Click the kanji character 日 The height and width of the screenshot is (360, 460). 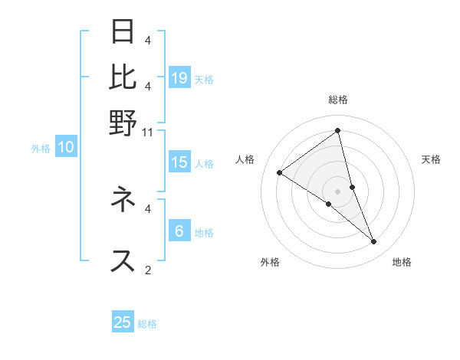click(x=123, y=31)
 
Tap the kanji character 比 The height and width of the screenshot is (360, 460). click(x=123, y=77)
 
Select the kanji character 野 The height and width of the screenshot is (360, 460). click(x=123, y=122)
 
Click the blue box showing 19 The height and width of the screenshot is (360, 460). click(x=179, y=78)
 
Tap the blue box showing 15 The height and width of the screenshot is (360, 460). click(x=179, y=162)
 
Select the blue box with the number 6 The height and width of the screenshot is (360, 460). click(x=179, y=231)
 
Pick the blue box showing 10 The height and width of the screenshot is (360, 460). click(x=66, y=148)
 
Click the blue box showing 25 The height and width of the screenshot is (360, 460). click(x=123, y=322)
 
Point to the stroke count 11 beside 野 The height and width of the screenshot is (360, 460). click(x=148, y=131)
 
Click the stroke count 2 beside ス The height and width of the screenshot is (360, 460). click(x=148, y=270)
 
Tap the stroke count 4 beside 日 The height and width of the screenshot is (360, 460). click(x=148, y=40)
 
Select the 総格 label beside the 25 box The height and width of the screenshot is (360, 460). click(x=147, y=324)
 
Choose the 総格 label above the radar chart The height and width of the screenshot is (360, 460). click(x=338, y=100)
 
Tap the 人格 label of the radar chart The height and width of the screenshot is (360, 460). click(x=245, y=159)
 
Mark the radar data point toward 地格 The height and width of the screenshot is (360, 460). click(x=374, y=242)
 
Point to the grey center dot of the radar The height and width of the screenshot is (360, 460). click(x=338, y=191)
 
